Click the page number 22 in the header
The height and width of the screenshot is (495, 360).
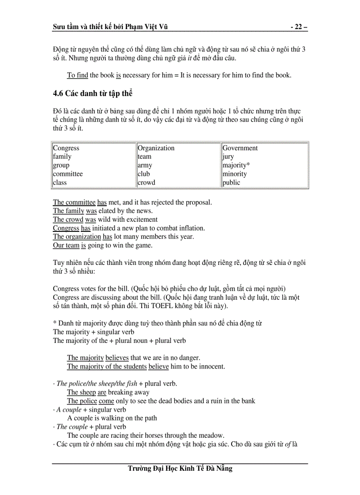[299, 27]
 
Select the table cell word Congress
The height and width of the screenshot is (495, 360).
[66, 148]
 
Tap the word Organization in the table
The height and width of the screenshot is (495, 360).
[156, 148]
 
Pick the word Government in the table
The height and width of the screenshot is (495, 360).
[240, 148]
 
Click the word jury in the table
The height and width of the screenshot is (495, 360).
[228, 157]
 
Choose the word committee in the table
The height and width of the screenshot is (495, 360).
[68, 174]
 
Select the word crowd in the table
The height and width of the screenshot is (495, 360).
[146, 182]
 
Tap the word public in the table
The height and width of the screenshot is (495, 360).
[231, 182]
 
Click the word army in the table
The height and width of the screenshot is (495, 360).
[145, 165]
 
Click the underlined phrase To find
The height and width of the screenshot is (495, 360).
[78, 75]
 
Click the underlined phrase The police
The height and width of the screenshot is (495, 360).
[82, 401]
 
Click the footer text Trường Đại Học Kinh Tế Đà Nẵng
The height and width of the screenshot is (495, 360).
[180, 469]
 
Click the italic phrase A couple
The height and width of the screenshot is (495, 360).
[68, 409]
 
